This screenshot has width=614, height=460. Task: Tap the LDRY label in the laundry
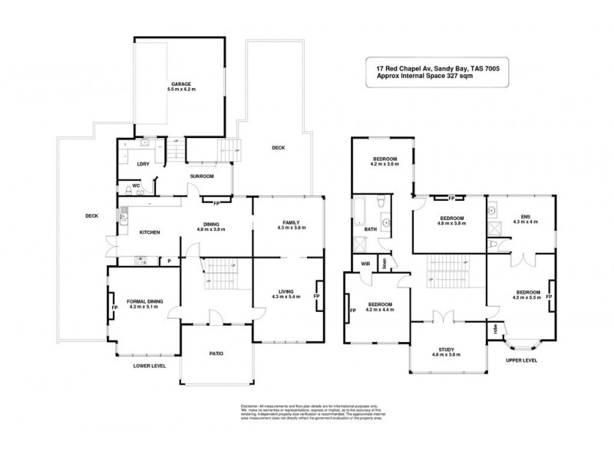tap(142, 163)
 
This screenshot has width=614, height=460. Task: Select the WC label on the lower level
tap(135, 185)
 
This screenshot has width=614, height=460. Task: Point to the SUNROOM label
tap(202, 176)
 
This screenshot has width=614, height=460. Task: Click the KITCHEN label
tap(149, 232)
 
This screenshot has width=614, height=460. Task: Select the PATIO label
tap(216, 353)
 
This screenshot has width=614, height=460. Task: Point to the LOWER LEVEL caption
tap(150, 366)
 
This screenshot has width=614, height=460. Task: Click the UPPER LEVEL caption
tap(521, 359)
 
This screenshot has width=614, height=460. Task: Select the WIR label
tap(367, 265)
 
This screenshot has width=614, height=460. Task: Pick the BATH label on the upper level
tap(371, 228)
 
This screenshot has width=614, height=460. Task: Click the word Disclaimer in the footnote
tap(250, 405)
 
